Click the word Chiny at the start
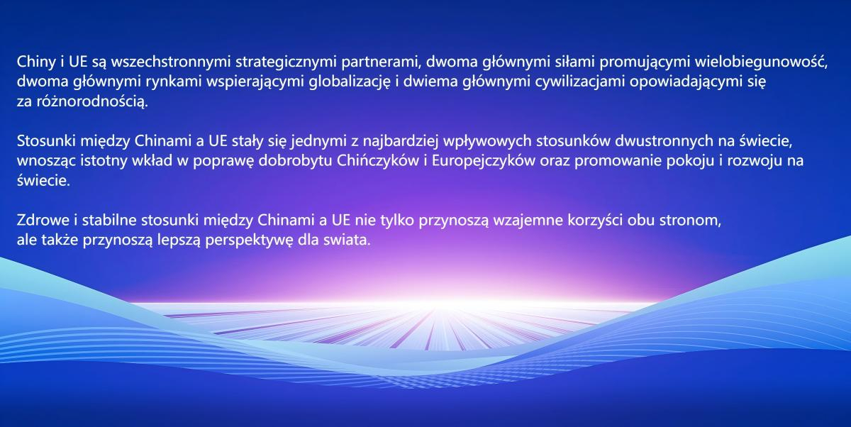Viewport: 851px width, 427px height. (x=36, y=62)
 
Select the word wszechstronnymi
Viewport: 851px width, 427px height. (x=171, y=62)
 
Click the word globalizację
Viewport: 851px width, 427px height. (x=350, y=82)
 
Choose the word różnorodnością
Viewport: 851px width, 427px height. (x=92, y=101)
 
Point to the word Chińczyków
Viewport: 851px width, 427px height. (x=377, y=161)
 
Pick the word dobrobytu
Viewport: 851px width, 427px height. (x=296, y=161)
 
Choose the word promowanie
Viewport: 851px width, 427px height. (x=618, y=161)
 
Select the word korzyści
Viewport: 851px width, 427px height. (x=595, y=221)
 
